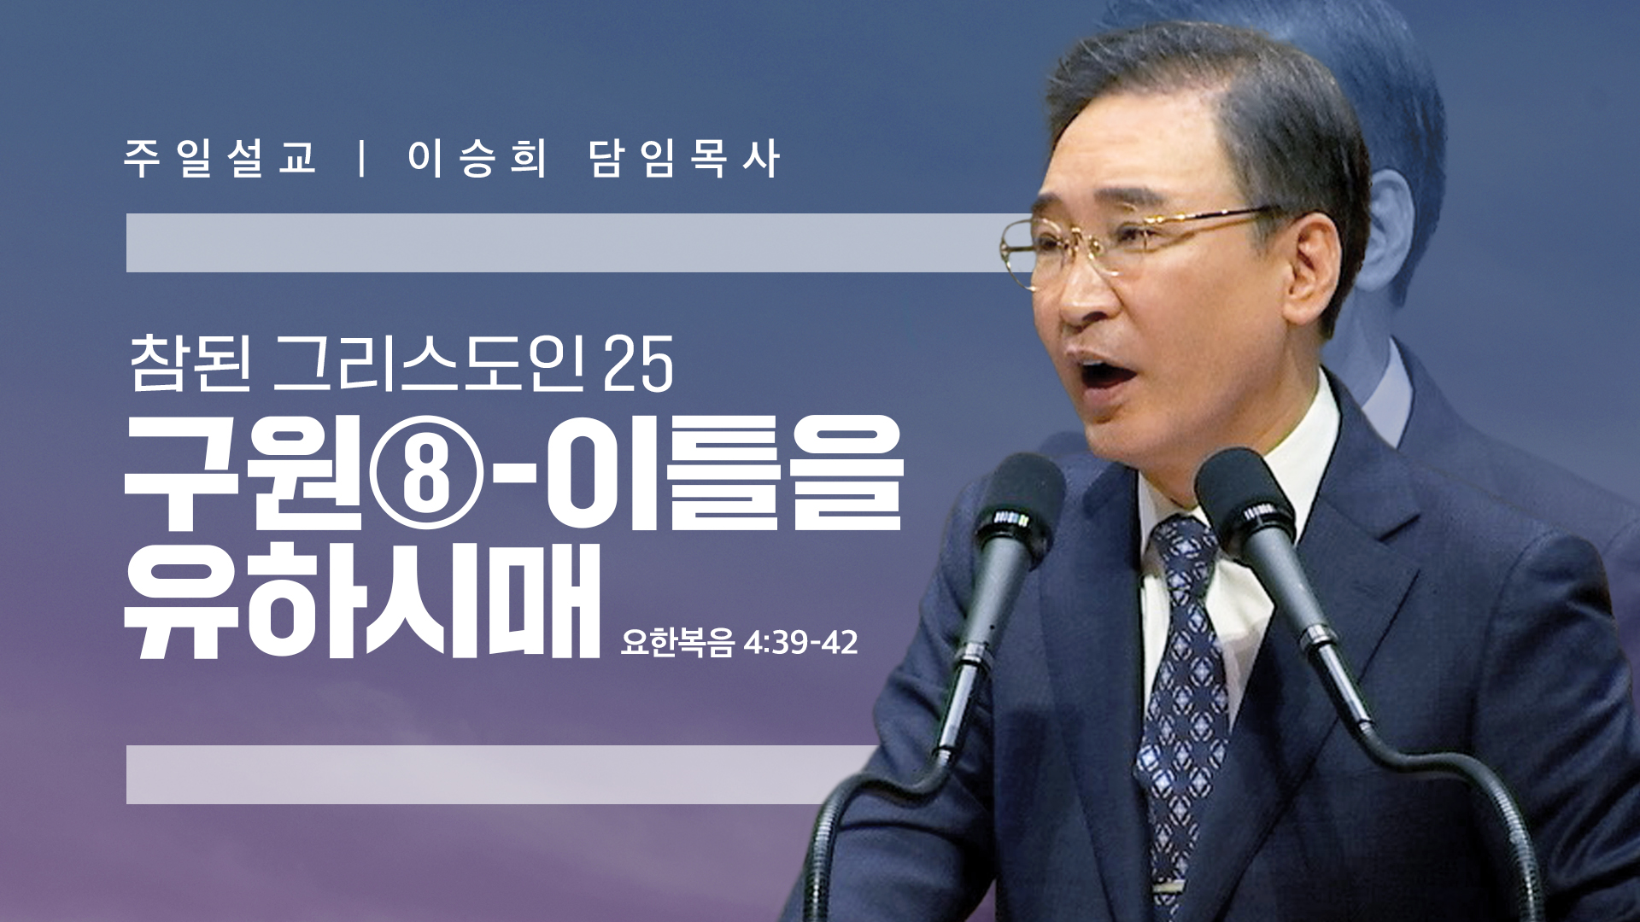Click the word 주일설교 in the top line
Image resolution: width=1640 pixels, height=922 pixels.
(221, 159)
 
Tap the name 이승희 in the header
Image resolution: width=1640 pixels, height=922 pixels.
(477, 159)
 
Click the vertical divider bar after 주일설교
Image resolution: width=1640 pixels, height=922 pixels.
(364, 159)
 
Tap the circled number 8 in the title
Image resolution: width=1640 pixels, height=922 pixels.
(426, 472)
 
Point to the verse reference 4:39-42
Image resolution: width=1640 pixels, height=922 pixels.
(800, 642)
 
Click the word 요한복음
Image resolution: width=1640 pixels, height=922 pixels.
(677, 642)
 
